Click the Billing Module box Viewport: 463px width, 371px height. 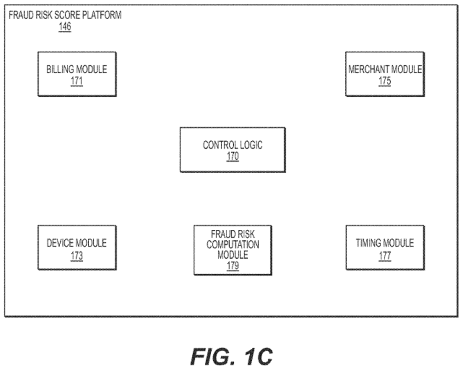(x=77, y=74)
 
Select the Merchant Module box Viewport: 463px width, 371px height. (x=385, y=74)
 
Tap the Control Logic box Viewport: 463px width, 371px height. (x=232, y=149)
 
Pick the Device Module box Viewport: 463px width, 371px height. (x=77, y=247)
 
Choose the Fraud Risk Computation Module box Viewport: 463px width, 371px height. (x=232, y=250)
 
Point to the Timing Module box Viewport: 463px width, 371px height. (x=385, y=247)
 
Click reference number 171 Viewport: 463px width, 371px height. (x=77, y=81)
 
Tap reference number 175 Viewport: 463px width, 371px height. (x=385, y=81)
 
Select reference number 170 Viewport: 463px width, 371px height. (x=232, y=157)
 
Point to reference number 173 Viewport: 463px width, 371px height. (x=77, y=256)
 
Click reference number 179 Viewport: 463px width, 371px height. (x=232, y=266)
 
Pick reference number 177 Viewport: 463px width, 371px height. (x=385, y=256)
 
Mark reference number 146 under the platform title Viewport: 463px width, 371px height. (x=65, y=27)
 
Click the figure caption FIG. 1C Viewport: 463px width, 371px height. (x=231, y=356)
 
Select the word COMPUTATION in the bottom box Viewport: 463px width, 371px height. (x=232, y=245)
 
